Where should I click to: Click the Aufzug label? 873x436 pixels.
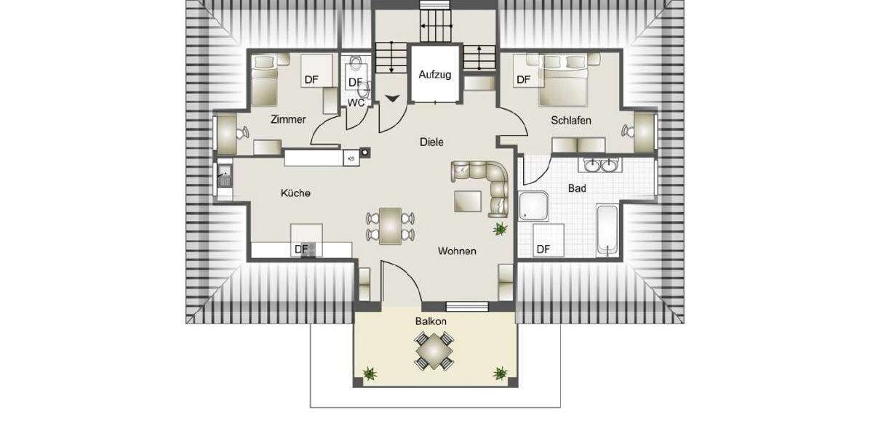pos(435,74)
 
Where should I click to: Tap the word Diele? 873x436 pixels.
pos(431,142)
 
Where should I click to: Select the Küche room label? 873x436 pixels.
pos(295,193)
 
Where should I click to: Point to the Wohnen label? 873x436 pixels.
pos(457,251)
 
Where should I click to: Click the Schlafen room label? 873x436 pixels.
pos(571,121)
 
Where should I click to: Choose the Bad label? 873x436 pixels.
pos(577,188)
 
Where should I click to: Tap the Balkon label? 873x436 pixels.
pos(431,320)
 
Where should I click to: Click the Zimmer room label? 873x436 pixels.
pos(287,119)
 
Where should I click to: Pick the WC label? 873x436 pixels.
pos(356,103)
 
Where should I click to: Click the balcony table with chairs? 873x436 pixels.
pos(434,350)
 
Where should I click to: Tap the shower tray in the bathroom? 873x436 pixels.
pos(536,205)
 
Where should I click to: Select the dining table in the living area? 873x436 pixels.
pos(391,226)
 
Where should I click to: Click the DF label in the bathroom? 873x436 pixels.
pos(543,249)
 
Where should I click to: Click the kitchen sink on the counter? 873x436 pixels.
pos(225,176)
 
